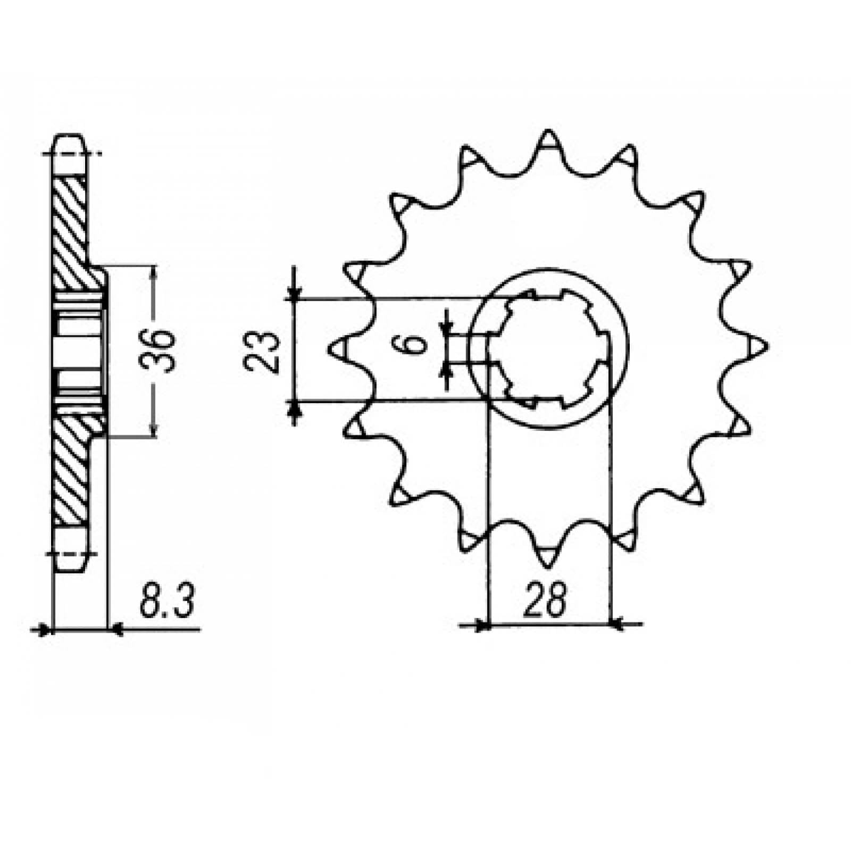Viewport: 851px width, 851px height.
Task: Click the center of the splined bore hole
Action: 548,348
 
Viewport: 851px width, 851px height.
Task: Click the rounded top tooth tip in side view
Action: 69,139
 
